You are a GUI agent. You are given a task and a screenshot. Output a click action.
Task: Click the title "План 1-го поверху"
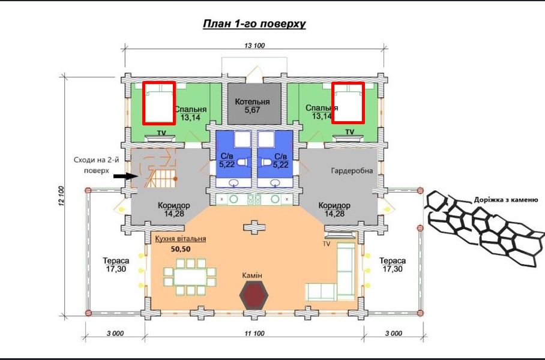(x=254, y=24)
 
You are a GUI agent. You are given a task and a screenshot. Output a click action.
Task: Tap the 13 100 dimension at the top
(x=254, y=45)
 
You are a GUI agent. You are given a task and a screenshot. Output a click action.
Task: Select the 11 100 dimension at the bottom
(x=254, y=333)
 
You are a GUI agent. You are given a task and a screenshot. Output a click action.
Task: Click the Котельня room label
(x=252, y=102)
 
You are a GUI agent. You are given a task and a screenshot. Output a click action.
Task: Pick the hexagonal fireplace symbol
(x=254, y=295)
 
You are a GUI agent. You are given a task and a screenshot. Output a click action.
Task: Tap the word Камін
(x=252, y=275)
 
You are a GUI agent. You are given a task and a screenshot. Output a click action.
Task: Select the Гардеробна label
(x=352, y=170)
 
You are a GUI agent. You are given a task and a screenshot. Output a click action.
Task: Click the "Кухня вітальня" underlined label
(x=181, y=239)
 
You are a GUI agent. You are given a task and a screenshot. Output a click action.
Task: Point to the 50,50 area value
(x=181, y=249)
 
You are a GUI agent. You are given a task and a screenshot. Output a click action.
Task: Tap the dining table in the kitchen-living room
(x=190, y=277)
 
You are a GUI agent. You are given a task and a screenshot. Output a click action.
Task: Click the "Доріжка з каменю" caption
(x=506, y=200)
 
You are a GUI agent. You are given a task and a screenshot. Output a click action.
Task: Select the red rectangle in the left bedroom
(x=159, y=103)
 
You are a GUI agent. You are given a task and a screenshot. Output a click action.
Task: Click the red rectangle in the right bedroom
(x=348, y=103)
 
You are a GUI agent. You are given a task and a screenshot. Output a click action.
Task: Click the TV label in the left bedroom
(x=161, y=133)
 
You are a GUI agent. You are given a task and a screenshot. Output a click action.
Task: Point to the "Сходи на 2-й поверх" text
(x=96, y=165)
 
